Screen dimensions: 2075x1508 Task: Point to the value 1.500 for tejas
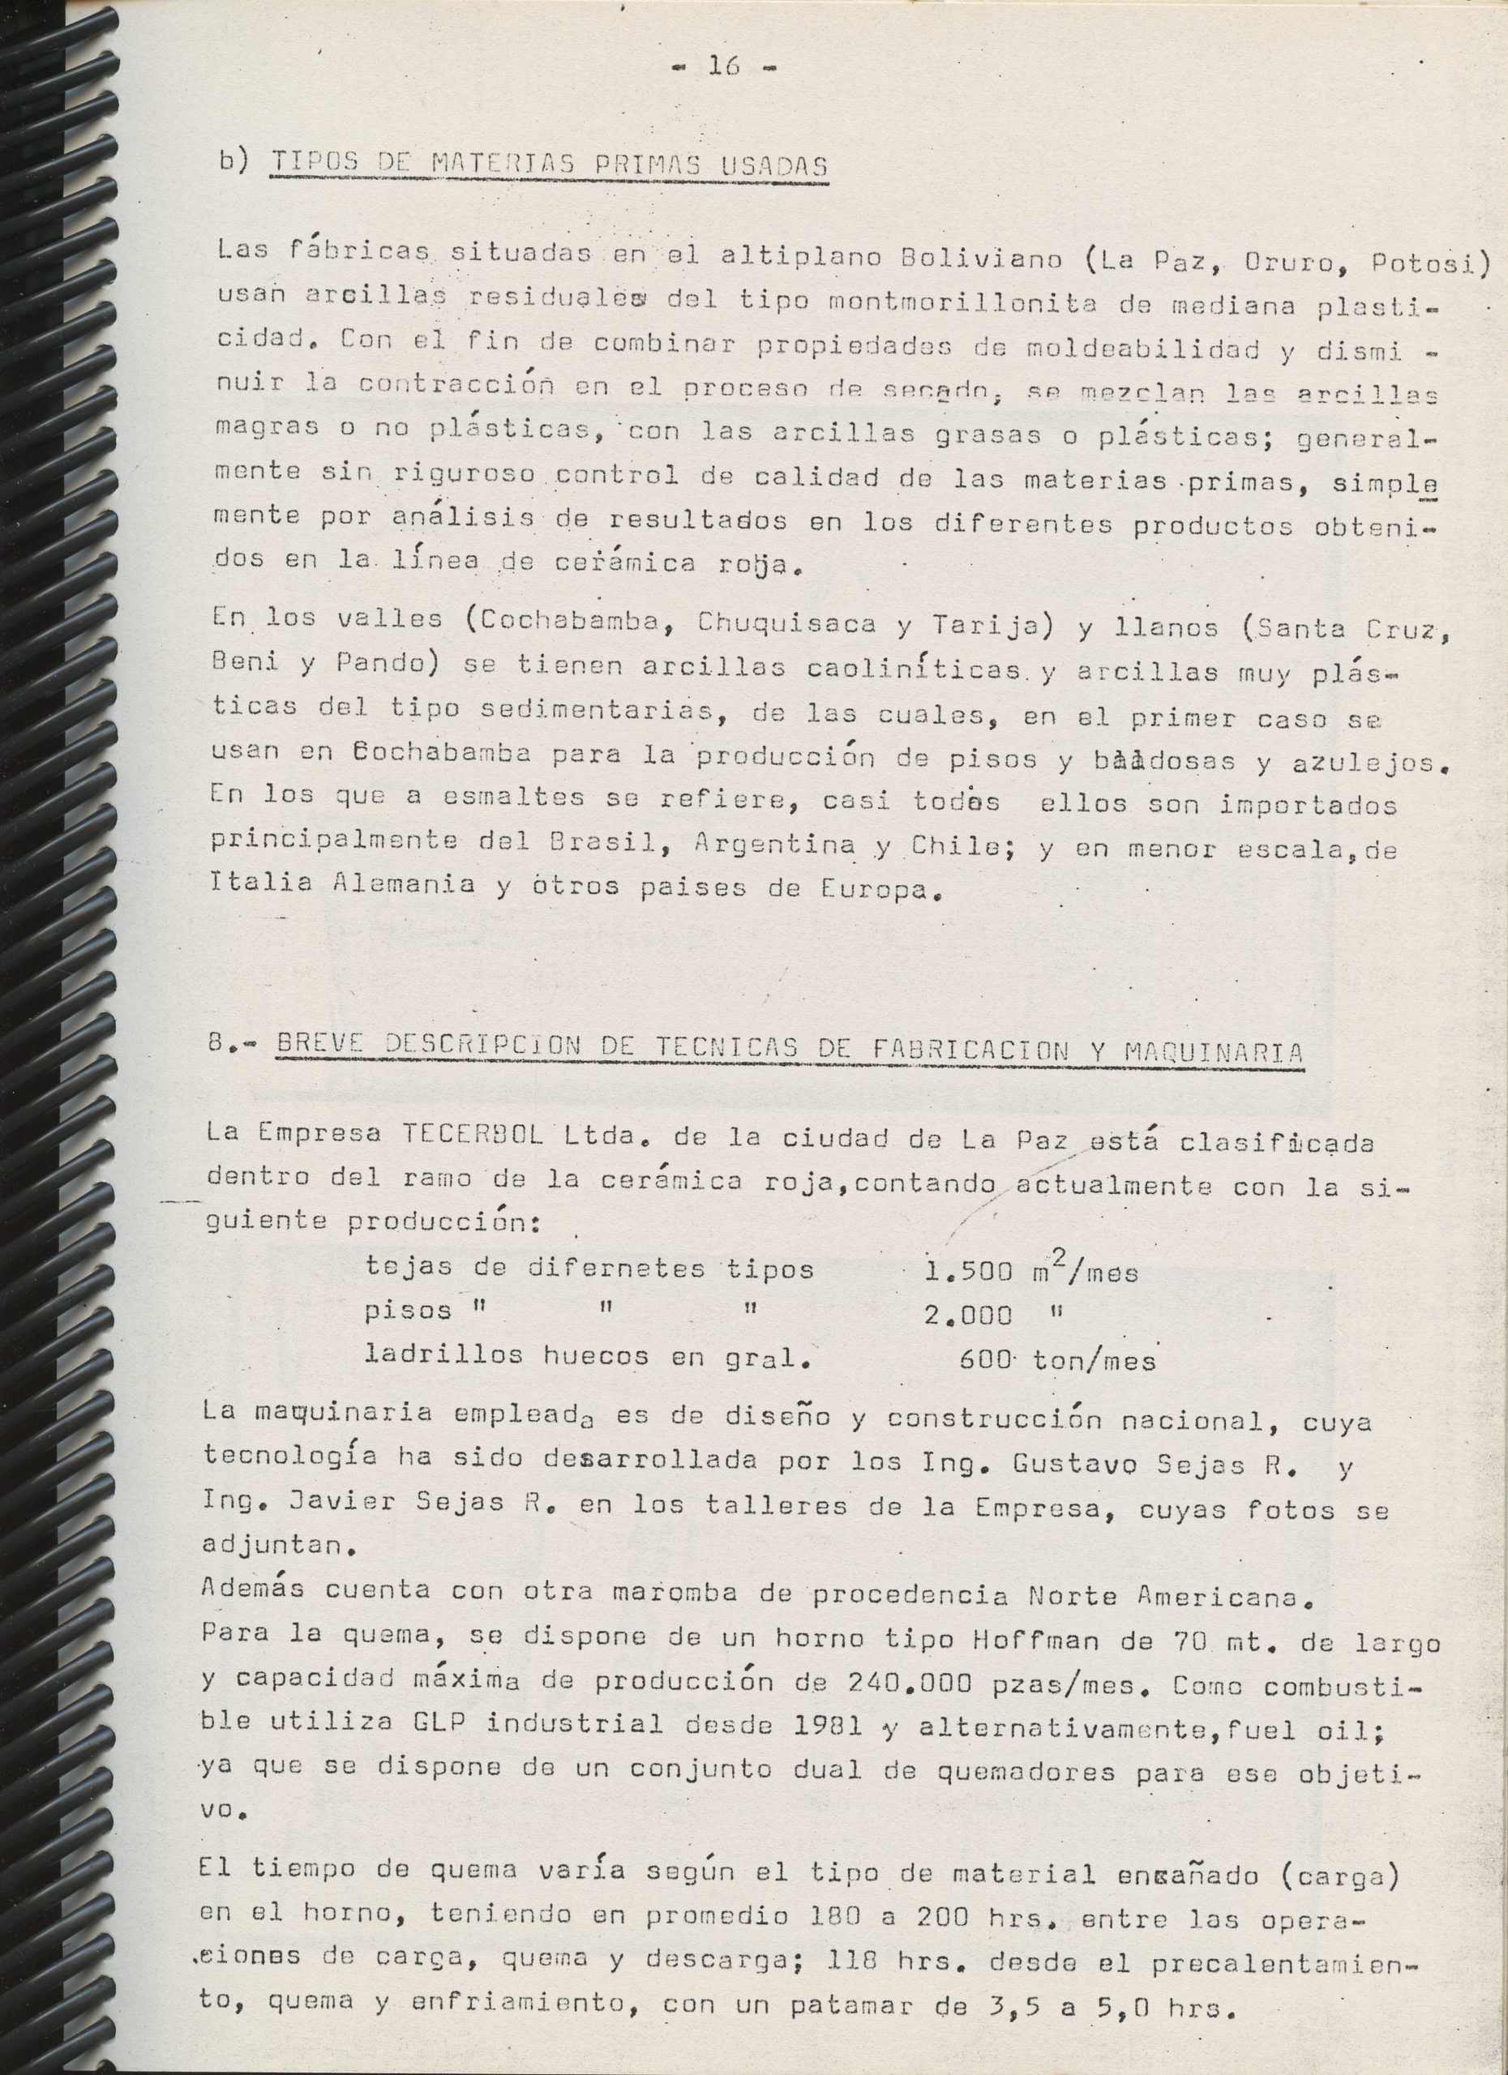[968, 1271]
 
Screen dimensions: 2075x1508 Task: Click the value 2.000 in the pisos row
[968, 1316]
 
